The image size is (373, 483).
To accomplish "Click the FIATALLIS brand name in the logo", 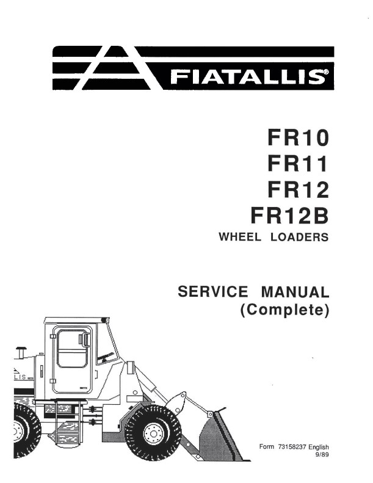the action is [x=247, y=76].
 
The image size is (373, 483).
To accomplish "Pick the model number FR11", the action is [x=297, y=164].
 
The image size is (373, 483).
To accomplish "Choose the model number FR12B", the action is [x=289, y=216].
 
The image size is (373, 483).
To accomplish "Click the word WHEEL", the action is [x=240, y=237].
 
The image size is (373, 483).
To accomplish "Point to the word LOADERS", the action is [x=299, y=237].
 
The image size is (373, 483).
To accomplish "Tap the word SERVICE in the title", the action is [x=213, y=291].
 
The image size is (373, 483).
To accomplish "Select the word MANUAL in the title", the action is [x=295, y=292].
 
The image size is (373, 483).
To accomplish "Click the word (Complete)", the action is [x=284, y=310].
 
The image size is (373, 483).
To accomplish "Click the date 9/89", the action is [x=323, y=454].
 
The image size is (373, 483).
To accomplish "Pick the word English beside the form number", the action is [x=319, y=447].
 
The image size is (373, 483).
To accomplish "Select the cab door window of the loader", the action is [x=73, y=349].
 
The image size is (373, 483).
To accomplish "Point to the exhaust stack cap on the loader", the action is [x=21, y=349].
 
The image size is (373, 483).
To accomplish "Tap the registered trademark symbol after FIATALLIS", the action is [x=326, y=73].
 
